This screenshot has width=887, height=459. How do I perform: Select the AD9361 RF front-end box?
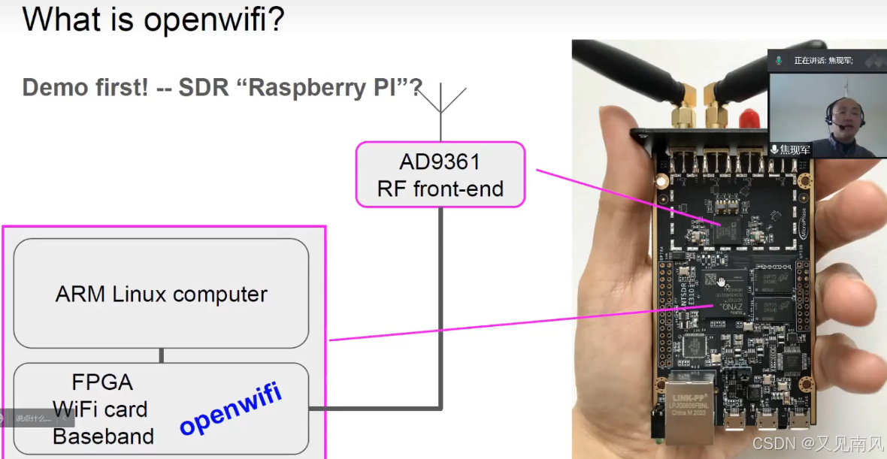pyautogui.click(x=440, y=174)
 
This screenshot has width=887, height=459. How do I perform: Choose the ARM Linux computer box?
pyautogui.click(x=161, y=294)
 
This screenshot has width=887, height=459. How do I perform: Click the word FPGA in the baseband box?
pyautogui.click(x=102, y=382)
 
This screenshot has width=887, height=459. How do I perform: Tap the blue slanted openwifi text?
pyautogui.click(x=230, y=409)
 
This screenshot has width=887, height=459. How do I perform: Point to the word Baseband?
pyautogui.click(x=103, y=436)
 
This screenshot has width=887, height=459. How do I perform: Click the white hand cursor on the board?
pyautogui.click(x=722, y=282)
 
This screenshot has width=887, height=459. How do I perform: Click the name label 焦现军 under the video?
pyautogui.click(x=795, y=149)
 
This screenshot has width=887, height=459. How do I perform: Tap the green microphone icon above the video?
pyautogui.click(x=779, y=60)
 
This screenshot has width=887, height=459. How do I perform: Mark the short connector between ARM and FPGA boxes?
pyautogui.click(x=161, y=355)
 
